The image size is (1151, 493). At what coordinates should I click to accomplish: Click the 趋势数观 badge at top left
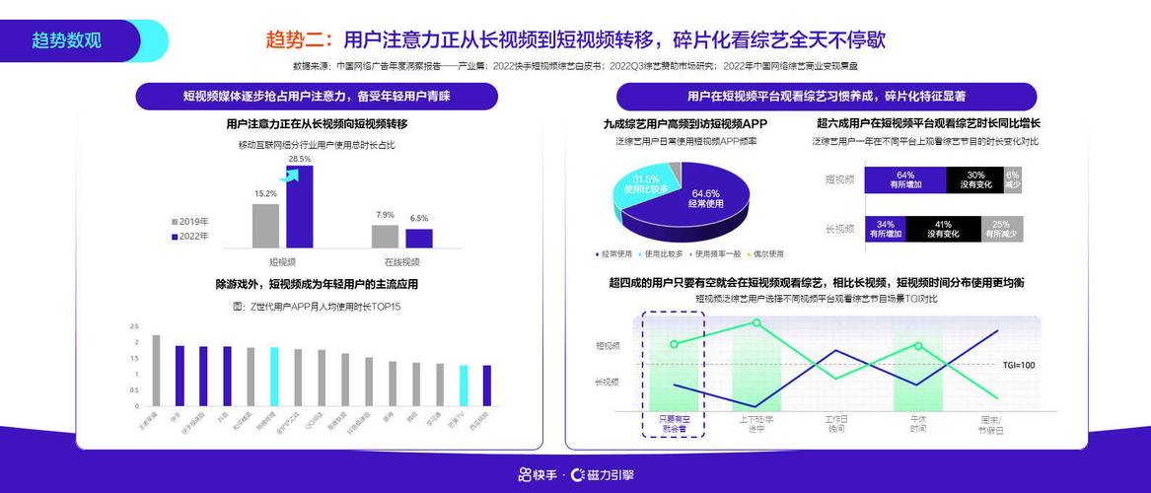[67, 40]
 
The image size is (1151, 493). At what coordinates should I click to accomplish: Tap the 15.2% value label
[265, 194]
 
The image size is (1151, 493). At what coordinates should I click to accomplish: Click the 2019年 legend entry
[192, 222]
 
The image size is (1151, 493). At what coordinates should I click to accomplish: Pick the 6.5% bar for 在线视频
[419, 238]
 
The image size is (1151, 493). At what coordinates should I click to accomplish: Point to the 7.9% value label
[385, 215]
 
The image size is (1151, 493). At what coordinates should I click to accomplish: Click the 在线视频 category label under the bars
[400, 262]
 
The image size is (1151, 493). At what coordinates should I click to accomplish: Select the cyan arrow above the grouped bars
[289, 176]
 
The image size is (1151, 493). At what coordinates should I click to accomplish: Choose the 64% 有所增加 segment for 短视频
[904, 179]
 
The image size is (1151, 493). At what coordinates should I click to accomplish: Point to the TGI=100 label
[1019, 366]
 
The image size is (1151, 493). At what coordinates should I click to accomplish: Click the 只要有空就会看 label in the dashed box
[673, 424]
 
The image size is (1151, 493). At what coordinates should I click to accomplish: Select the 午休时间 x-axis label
[917, 424]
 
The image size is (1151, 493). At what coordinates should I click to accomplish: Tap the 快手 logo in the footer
[540, 474]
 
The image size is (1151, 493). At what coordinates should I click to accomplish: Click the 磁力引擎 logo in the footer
[603, 474]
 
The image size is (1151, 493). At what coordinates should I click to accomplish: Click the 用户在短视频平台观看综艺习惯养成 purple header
[826, 97]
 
